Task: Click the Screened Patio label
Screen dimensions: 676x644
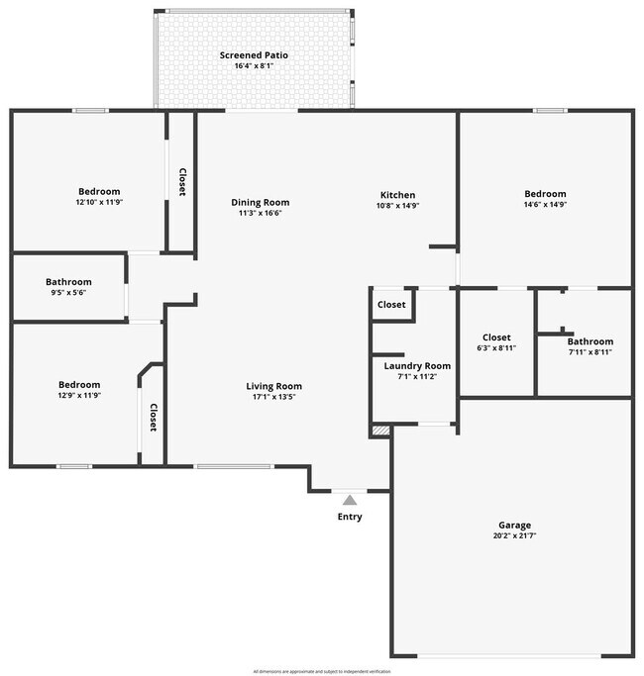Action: (254, 55)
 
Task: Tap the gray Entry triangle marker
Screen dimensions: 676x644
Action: (349, 501)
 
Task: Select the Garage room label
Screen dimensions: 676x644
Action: (514, 526)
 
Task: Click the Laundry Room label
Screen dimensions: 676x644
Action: (417, 365)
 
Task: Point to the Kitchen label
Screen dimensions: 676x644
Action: (398, 195)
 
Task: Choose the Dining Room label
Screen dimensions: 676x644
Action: (261, 202)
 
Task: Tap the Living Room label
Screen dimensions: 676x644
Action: (274, 386)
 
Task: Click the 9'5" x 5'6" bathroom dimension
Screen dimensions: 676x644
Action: (68, 294)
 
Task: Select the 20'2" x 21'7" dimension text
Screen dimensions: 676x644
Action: (514, 536)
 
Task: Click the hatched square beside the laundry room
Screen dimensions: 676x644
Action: (379, 431)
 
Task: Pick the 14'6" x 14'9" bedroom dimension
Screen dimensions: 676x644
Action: (545, 205)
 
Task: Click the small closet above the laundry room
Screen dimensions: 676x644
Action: (391, 305)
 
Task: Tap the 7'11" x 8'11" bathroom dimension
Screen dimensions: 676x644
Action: (590, 352)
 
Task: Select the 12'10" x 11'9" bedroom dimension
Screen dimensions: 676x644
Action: (99, 202)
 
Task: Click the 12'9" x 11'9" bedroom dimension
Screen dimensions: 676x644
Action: (78, 396)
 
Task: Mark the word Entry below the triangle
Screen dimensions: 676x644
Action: (350, 517)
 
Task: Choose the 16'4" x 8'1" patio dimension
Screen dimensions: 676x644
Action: (254, 66)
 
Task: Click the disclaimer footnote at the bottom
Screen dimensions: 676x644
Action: (322, 671)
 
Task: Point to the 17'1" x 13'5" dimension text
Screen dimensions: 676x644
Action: (274, 397)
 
